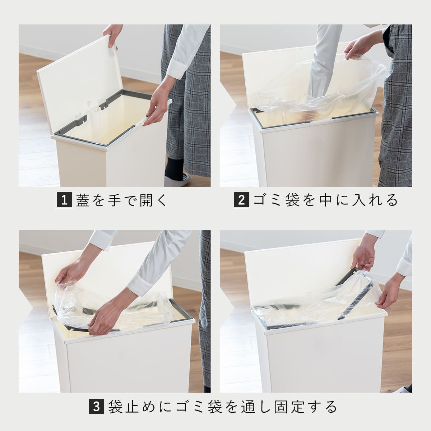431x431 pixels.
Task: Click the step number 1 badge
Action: [x=65, y=200]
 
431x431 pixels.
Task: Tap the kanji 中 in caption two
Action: [x=327, y=200]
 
